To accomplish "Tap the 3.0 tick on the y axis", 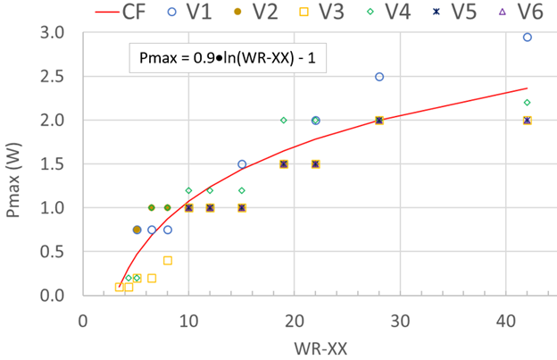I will click(x=53, y=33).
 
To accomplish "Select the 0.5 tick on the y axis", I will click(x=53, y=252).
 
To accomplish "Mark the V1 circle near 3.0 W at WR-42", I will click(x=527, y=38).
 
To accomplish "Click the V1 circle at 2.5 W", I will click(x=379, y=77).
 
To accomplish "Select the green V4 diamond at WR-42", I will click(x=527, y=103).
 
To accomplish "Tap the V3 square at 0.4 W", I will click(x=168, y=261).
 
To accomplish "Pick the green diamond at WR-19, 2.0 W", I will click(x=284, y=120).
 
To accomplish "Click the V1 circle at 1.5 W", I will click(x=242, y=164).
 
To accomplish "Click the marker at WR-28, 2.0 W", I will click(x=379, y=120).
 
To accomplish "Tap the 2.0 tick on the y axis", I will click(x=53, y=121).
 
